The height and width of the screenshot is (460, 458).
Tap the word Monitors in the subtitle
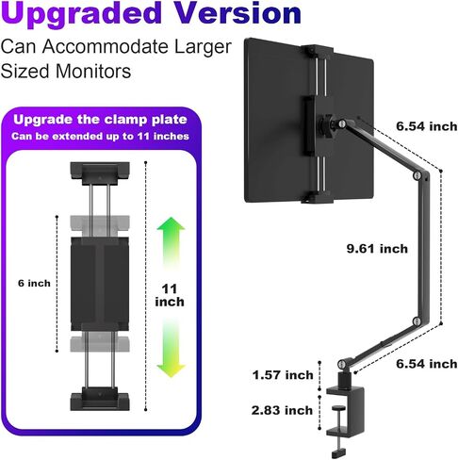(93, 71)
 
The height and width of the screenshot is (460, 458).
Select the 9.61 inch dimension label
(377, 249)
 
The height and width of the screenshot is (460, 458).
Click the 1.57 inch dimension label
(283, 375)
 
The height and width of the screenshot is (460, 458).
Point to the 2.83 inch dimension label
(282, 410)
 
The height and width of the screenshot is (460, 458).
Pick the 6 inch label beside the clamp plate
(34, 283)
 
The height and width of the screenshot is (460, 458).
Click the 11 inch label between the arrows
(170, 295)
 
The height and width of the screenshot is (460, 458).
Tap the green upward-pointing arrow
(171, 243)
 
